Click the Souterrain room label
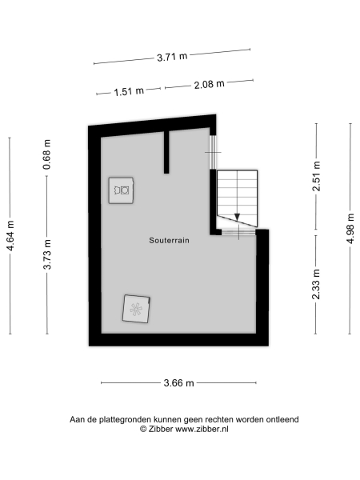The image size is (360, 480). pyautogui.click(x=169, y=240)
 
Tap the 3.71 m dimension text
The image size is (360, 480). pyautogui.click(x=172, y=57)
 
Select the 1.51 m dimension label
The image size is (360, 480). pyautogui.click(x=128, y=91)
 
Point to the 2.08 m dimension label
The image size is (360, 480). pyautogui.click(x=208, y=84)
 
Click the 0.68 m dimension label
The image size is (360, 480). pyautogui.click(x=47, y=161)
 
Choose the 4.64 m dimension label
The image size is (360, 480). pyautogui.click(x=10, y=236)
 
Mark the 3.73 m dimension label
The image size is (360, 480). pyautogui.click(x=47, y=254)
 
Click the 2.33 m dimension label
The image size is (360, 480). pyautogui.click(x=317, y=283)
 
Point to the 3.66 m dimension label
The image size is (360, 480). pyautogui.click(x=179, y=383)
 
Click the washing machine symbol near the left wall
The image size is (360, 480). pyautogui.click(x=122, y=190)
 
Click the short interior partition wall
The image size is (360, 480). pyautogui.click(x=166, y=150)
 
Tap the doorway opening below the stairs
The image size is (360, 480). pyautogui.click(x=238, y=233)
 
